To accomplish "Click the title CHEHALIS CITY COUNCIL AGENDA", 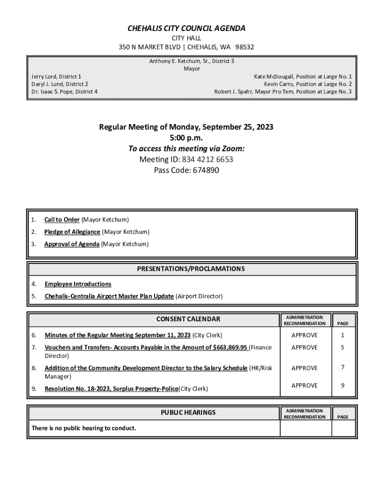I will click(x=186, y=29).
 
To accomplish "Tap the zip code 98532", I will click(x=245, y=47).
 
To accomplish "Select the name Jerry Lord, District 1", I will click(x=56, y=77).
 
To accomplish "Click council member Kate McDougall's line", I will click(x=303, y=77).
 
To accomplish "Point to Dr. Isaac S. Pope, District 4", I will click(x=64, y=91).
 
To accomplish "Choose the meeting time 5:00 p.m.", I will click(x=186, y=138).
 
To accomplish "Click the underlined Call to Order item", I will click(x=62, y=220).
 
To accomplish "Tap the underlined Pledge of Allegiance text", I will click(x=72, y=232).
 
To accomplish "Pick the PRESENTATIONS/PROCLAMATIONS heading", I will click(x=198, y=269).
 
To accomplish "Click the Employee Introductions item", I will click(x=78, y=284).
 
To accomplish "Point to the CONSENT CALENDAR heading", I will click(x=188, y=319).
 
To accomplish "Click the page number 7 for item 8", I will click(x=342, y=368).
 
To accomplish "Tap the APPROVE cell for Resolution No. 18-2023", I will click(x=304, y=386).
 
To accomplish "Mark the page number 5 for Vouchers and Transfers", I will click(x=342, y=347).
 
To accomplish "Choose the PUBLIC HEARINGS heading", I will click(x=188, y=413).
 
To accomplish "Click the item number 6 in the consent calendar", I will click(x=34, y=335).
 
